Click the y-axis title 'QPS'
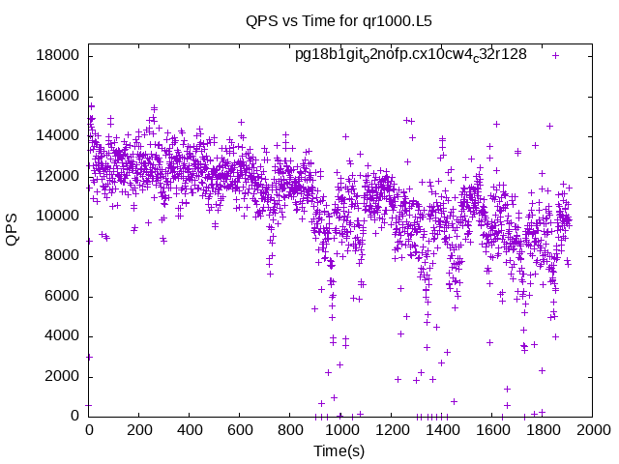(x=13, y=229)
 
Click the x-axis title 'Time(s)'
(x=339, y=450)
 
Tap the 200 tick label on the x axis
(x=139, y=430)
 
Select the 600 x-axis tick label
(x=240, y=430)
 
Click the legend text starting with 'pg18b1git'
(x=411, y=55)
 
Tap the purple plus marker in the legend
(x=556, y=55)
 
